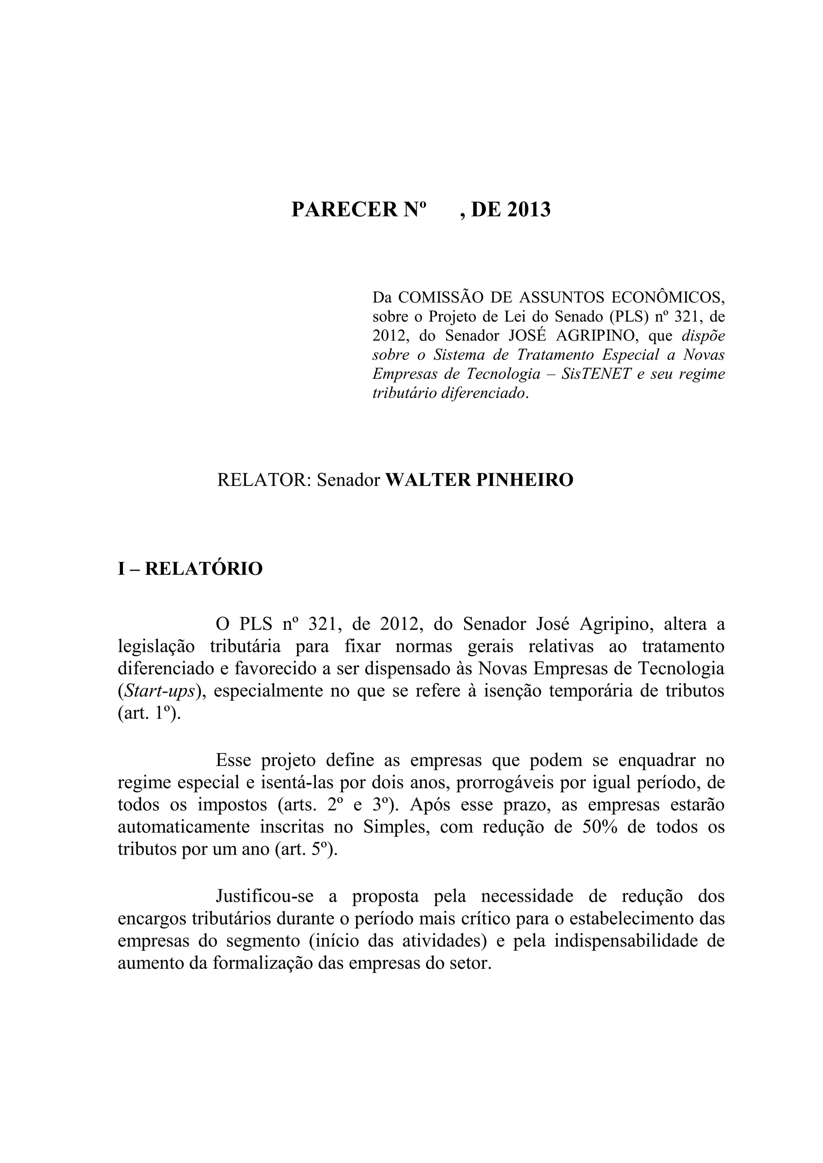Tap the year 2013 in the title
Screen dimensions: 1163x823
(528, 209)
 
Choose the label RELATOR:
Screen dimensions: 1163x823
(264, 479)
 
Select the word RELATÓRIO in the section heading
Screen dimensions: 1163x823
(204, 569)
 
